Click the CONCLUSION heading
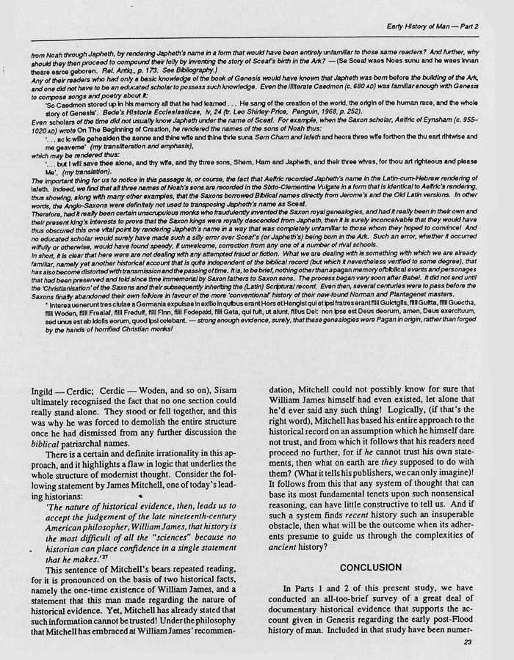click(x=371, y=568)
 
